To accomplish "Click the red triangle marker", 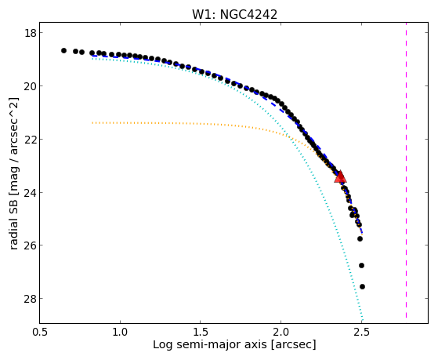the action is pyautogui.click(x=340, y=176).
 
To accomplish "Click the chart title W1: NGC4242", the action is pyautogui.click(x=234, y=15).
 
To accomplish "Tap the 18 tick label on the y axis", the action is pyautogui.click(x=30, y=33).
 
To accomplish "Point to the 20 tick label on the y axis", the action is pyautogui.click(x=30, y=86).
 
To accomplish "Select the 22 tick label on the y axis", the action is pyautogui.click(x=30, y=140).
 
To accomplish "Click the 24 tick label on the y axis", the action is pyautogui.click(x=30, y=192).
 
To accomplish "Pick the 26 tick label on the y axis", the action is pyautogui.click(x=30, y=245).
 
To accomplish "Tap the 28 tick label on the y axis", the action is pyautogui.click(x=30, y=299).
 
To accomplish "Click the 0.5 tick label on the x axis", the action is pyautogui.click(x=40, y=333).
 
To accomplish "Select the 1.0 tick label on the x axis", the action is pyautogui.click(x=120, y=333).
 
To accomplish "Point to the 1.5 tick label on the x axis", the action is pyautogui.click(x=201, y=333).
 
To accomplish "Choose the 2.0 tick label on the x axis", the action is pyautogui.click(x=281, y=333).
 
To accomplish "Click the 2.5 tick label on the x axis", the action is pyautogui.click(x=361, y=333).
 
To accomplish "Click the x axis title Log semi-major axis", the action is pyautogui.click(x=209, y=345).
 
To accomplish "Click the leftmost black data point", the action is pyautogui.click(x=63, y=51).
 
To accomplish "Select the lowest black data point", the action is pyautogui.click(x=362, y=286).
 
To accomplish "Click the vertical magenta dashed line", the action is pyautogui.click(x=406, y=170).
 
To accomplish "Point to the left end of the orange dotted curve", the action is pyautogui.click(x=92, y=123).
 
